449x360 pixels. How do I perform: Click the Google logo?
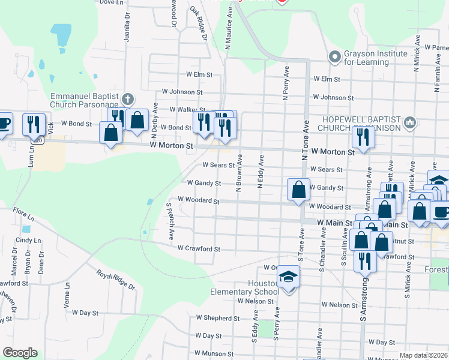coord(20,353)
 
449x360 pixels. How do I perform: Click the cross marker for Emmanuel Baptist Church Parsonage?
coord(127,98)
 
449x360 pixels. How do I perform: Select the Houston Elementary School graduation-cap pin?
coord(289,277)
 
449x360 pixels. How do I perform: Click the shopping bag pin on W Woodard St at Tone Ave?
coord(298,190)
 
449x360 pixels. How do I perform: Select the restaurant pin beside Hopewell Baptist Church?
coord(363,137)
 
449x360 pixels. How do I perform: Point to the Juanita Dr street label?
coord(127,27)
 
